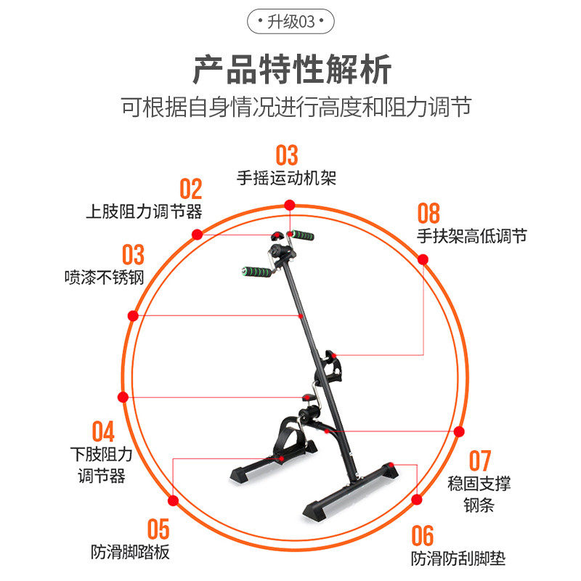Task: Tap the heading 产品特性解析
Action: (x=291, y=70)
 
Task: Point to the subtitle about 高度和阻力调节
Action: (x=296, y=108)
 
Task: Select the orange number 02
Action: (x=190, y=190)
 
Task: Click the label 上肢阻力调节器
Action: (x=144, y=212)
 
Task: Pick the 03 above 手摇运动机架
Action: (x=287, y=155)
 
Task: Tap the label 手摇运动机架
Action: (x=287, y=177)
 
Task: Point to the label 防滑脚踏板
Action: (x=131, y=551)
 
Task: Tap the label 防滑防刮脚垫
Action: (x=458, y=558)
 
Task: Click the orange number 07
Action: (x=479, y=460)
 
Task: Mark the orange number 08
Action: (x=428, y=214)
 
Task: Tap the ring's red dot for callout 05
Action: (x=174, y=500)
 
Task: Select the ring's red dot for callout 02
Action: (x=197, y=234)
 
